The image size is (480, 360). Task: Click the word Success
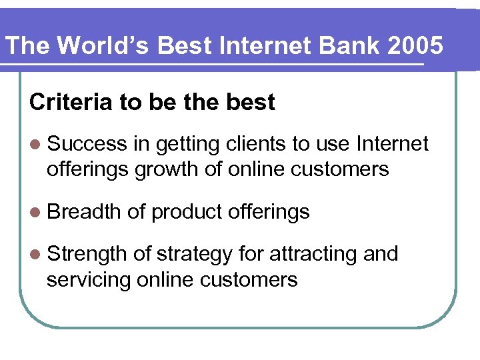click(x=87, y=144)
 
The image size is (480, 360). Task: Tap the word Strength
click(x=87, y=254)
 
